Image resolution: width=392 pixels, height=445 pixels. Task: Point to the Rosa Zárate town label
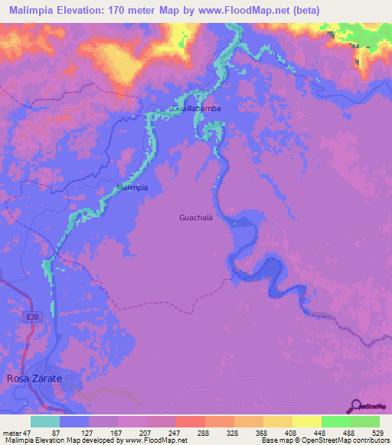(34, 378)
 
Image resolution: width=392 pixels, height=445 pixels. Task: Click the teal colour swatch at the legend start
(45, 421)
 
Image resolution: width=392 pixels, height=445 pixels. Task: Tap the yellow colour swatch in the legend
(307, 421)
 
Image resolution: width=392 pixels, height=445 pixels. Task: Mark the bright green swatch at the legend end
(365, 421)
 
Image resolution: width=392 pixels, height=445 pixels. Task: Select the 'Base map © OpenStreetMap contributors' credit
(322, 440)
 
